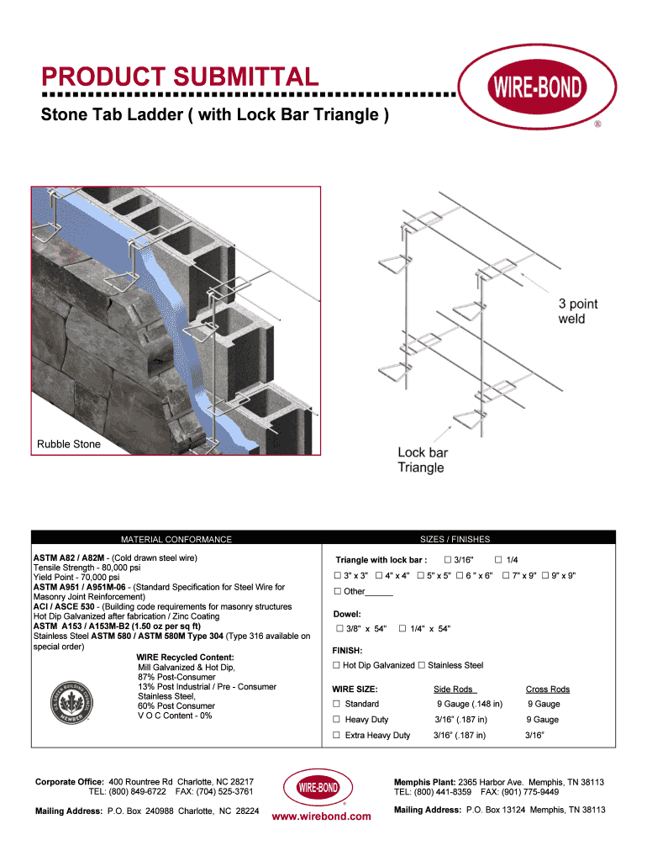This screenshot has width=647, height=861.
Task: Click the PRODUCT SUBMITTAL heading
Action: coord(180,78)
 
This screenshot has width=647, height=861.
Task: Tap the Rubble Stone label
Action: coord(68,444)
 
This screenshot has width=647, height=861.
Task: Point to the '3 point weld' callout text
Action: coord(578,311)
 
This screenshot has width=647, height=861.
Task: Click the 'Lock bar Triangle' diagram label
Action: coord(423,460)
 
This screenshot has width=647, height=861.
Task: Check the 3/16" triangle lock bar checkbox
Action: coord(448,560)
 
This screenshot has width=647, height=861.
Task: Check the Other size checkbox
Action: coord(337,591)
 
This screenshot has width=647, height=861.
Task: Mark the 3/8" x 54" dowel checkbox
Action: coord(339,629)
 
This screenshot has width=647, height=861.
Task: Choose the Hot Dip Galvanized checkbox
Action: coord(336,665)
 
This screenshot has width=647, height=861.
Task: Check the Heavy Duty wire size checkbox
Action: coord(336,720)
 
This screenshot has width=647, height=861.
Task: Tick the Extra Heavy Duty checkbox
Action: coord(336,735)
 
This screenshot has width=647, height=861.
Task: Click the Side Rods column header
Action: coord(455,689)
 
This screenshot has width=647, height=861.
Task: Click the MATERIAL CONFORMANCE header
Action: coord(176,539)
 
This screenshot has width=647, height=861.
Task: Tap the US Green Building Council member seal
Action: coord(76,695)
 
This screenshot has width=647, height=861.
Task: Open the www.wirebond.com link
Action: coord(322,816)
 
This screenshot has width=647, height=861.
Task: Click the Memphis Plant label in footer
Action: coord(424,782)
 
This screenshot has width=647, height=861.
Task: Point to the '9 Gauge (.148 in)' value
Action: coord(469,704)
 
